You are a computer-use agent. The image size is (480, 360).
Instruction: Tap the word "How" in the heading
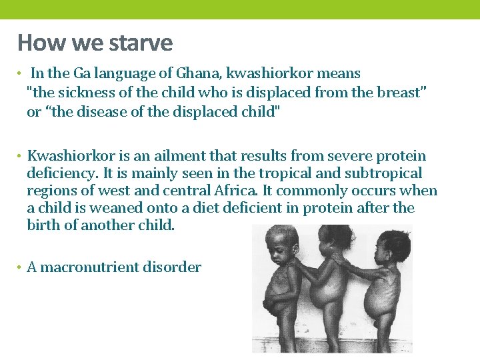tap(35, 43)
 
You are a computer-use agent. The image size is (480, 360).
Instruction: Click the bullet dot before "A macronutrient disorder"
tap(21, 268)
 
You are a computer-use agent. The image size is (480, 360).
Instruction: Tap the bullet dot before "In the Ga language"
tap(21, 74)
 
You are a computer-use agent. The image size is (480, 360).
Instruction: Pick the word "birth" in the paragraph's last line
tap(45, 225)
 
